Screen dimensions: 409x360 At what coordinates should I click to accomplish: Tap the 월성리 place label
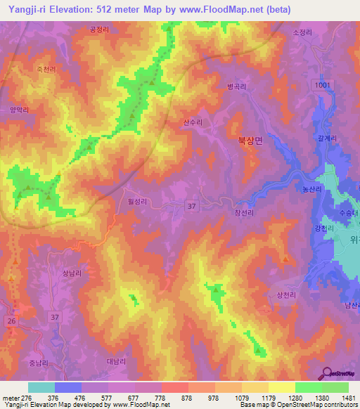coord(136,201)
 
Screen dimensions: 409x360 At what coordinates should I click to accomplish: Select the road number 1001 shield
coord(322,85)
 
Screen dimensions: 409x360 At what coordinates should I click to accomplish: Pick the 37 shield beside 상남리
coord(56,318)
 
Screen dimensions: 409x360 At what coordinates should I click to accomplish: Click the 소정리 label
coord(300,32)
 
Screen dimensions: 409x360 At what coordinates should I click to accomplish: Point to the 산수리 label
coord(193,122)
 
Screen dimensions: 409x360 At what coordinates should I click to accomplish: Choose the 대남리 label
coord(115,361)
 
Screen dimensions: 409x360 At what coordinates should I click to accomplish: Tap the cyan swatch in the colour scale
coord(41,387)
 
